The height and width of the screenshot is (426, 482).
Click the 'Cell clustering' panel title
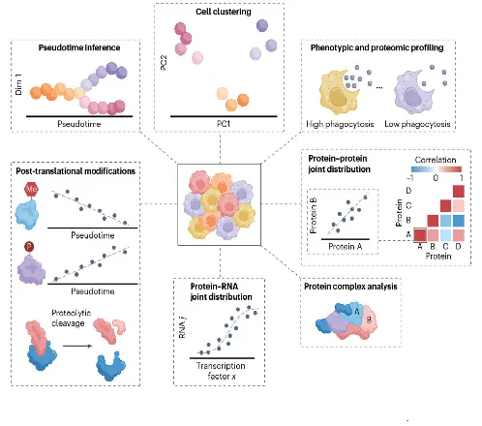coord(224,12)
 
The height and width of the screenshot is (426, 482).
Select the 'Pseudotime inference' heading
coord(79,47)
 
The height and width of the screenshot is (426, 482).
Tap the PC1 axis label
coord(224,123)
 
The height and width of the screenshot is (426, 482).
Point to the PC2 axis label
coord(164,62)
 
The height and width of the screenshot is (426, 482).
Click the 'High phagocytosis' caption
coord(340,124)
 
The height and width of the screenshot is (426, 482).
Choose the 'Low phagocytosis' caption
coord(417,124)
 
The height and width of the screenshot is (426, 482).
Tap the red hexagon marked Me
coord(31,189)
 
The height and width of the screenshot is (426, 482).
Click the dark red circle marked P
coord(29,247)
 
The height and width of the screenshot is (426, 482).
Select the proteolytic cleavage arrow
coord(77,346)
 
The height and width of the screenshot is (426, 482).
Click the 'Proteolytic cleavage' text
coord(71,318)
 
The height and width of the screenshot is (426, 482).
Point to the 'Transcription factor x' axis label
coord(221,371)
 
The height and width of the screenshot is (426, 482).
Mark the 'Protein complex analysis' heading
coord(350,287)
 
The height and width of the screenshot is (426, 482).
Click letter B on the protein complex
coord(369,319)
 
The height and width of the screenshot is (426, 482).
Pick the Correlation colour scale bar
coord(437,169)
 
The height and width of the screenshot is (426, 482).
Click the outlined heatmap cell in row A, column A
coord(420,234)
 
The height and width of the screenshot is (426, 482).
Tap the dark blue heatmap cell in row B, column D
coord(459,221)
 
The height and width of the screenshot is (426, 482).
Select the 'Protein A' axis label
coord(346,247)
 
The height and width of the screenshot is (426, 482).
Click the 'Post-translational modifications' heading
coord(75,171)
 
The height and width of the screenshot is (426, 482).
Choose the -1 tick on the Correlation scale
coord(410,178)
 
